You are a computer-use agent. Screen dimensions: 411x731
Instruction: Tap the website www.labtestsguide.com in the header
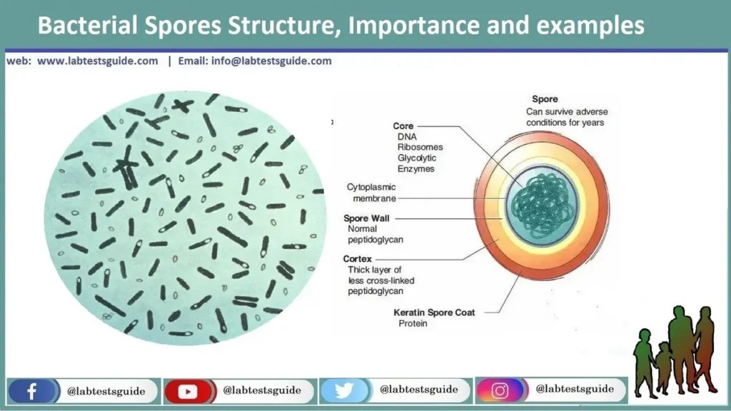(97, 61)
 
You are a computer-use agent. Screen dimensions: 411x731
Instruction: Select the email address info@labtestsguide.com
(271, 61)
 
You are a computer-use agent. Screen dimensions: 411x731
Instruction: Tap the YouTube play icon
(188, 391)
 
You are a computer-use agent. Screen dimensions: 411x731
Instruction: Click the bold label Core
(403, 126)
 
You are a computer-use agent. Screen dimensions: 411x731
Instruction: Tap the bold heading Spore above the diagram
(545, 100)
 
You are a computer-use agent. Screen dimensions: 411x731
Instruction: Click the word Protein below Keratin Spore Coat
(413, 324)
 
